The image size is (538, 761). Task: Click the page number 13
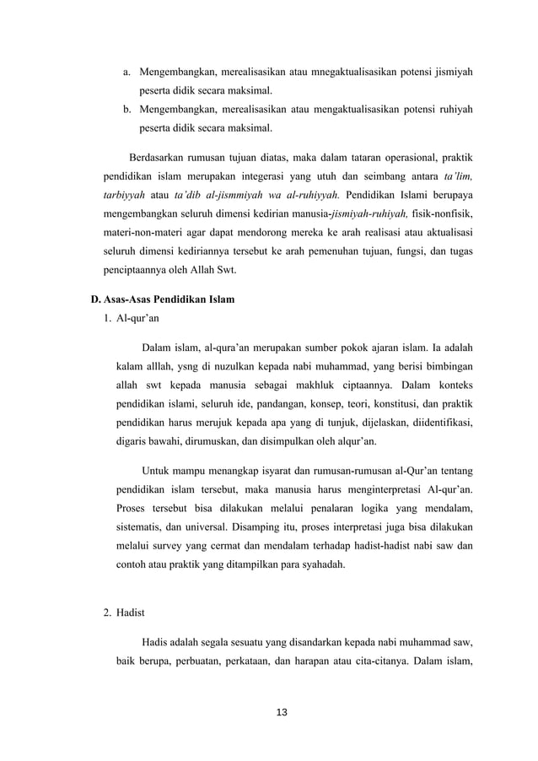tap(282, 713)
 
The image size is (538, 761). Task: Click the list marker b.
tap(126, 110)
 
